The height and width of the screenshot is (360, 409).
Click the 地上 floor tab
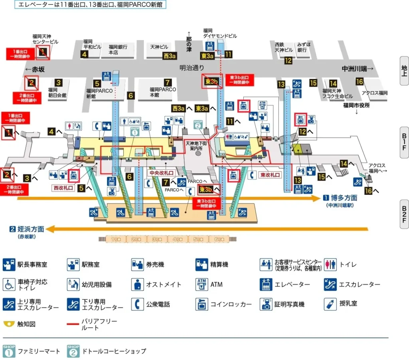point(404,71)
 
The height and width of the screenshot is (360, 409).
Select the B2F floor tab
point(404,214)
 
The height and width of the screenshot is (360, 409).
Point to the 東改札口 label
point(270,175)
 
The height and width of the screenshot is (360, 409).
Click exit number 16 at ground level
point(359,82)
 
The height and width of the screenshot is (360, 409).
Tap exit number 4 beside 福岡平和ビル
point(84,54)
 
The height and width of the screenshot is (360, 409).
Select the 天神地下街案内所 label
point(197,145)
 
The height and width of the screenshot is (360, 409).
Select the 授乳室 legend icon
point(330,303)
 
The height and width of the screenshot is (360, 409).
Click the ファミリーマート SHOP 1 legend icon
point(9,351)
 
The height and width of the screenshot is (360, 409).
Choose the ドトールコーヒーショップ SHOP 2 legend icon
point(73,351)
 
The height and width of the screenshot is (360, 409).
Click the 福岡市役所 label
point(356,105)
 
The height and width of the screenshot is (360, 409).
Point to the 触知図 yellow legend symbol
point(8,324)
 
